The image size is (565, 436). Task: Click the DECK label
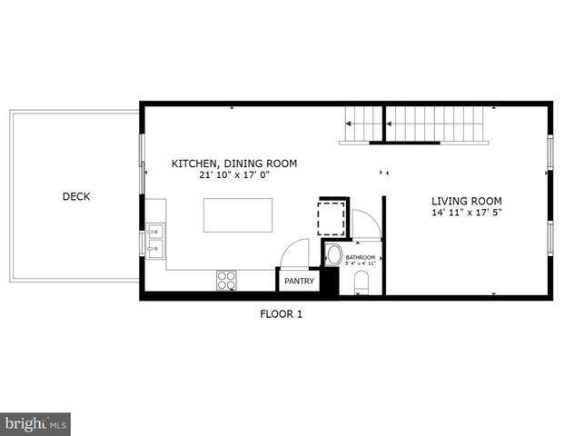[x=76, y=196]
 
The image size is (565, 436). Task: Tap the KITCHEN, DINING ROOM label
[x=234, y=164]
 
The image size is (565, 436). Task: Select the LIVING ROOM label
[x=466, y=201]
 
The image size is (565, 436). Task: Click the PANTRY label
[x=299, y=282]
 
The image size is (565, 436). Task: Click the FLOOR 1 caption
[x=282, y=314]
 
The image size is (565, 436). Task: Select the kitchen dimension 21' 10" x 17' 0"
[x=234, y=176]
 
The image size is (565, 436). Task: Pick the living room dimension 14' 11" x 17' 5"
[x=466, y=213]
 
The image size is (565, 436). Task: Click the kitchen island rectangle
[x=237, y=216]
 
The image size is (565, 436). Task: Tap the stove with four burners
[x=227, y=280]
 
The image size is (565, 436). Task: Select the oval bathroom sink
[x=333, y=254]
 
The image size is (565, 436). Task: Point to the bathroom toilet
[x=362, y=281]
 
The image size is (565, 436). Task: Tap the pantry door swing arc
[x=295, y=253]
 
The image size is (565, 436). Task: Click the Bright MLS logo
[x=35, y=423]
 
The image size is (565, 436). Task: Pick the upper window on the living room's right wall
[x=550, y=153]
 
